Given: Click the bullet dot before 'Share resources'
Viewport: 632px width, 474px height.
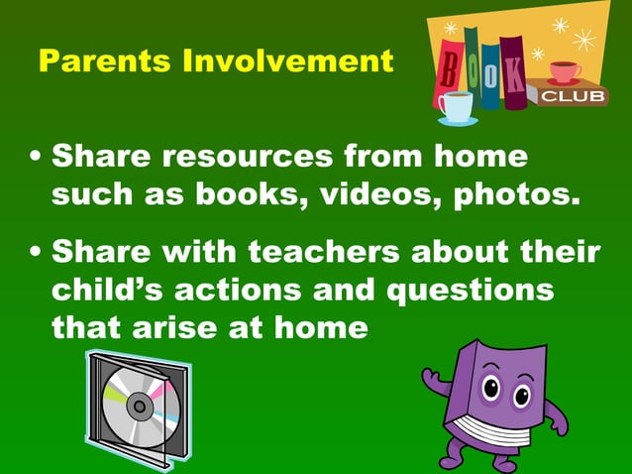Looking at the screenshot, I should point(37,159).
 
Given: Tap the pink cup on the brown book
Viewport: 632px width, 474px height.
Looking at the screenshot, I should point(564,71).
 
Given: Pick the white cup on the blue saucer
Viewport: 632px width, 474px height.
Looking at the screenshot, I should point(457,105).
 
